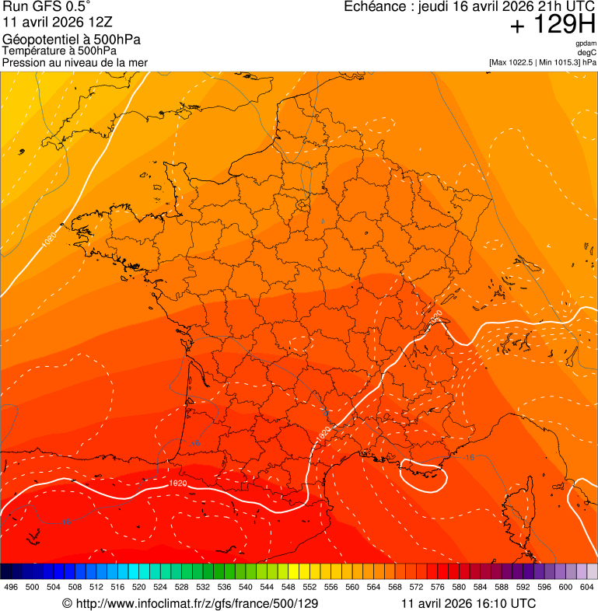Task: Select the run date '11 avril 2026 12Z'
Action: tap(51, 23)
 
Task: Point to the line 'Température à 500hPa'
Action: tap(60, 51)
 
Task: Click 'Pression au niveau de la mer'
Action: tap(75, 62)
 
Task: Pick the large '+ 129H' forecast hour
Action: tap(552, 26)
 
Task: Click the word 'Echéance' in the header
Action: tap(372, 7)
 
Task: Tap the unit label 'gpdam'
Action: tap(586, 44)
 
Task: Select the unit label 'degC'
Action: tap(587, 52)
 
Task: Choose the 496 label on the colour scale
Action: tap(11, 587)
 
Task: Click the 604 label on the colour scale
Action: tap(586, 587)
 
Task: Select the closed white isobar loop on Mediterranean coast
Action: tap(423, 476)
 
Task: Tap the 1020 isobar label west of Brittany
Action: tap(48, 242)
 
